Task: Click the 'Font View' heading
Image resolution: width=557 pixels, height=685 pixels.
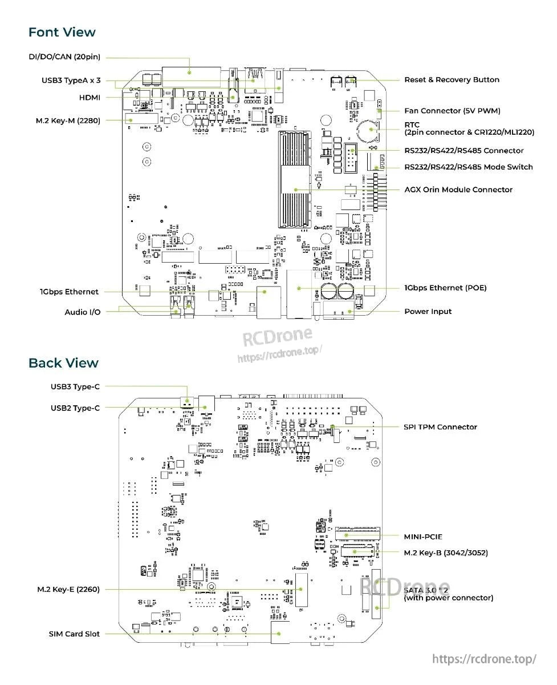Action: tap(62, 33)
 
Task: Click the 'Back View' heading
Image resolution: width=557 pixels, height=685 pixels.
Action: tap(63, 363)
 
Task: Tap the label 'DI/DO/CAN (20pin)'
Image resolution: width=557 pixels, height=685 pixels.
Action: tap(64, 58)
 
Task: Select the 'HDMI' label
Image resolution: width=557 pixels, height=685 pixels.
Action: tap(90, 98)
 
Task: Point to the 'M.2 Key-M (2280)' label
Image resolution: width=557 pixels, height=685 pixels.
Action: tap(68, 120)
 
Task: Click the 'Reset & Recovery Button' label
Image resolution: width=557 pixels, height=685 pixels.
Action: tap(452, 80)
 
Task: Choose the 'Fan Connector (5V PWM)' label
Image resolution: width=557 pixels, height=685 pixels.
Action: tap(452, 111)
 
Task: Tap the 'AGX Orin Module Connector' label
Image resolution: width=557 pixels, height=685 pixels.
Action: tap(458, 190)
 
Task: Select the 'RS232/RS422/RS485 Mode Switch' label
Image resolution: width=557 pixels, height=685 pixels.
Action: tap(469, 167)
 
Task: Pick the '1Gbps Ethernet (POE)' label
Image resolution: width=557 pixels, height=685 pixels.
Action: tap(445, 288)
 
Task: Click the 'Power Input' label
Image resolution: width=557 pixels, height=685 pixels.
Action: tap(428, 312)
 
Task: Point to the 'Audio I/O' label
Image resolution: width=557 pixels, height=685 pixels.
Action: tap(82, 312)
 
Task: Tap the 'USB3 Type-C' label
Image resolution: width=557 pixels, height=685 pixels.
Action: tap(75, 386)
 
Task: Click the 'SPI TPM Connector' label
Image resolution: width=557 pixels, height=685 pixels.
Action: tap(440, 427)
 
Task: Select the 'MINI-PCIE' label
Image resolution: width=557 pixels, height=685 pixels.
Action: tap(423, 537)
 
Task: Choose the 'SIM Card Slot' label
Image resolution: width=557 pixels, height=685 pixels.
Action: tap(74, 634)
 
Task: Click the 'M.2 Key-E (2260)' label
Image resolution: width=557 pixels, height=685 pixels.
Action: tap(68, 589)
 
